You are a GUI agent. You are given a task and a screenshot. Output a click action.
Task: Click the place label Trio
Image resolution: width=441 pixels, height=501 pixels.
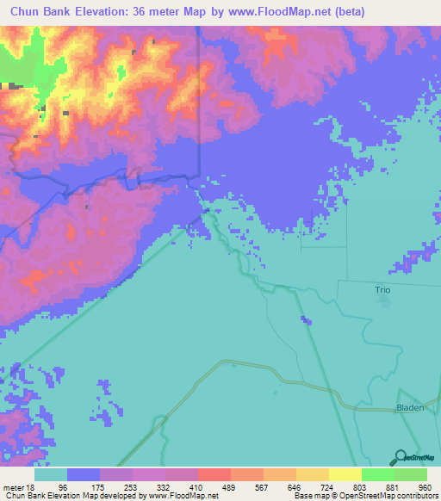click(382, 290)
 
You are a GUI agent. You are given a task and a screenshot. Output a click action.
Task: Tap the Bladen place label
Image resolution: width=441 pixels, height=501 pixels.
click(410, 407)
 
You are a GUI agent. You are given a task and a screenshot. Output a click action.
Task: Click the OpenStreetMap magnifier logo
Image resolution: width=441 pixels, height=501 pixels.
click(400, 457)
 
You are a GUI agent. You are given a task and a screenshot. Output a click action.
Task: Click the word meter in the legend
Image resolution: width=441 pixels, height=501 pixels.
click(16, 486)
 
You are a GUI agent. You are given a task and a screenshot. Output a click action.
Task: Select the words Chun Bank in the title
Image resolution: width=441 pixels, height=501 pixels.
click(42, 12)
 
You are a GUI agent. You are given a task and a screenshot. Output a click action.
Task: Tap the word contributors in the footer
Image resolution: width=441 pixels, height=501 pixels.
click(418, 496)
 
